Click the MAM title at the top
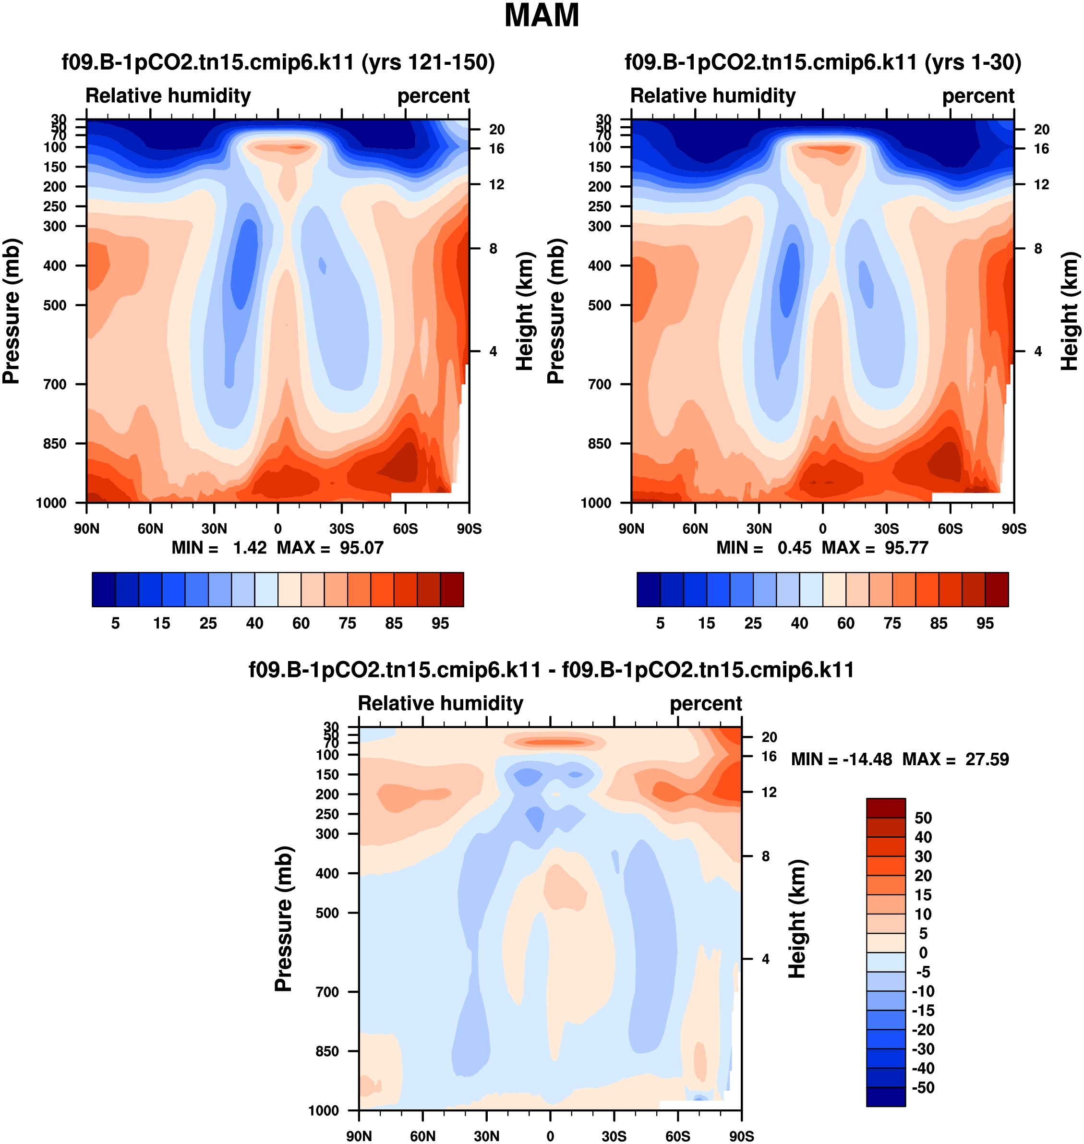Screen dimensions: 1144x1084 [x=542, y=15]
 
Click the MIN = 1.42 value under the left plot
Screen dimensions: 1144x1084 [x=219, y=548]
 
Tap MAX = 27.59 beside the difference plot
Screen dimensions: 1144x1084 [x=956, y=759]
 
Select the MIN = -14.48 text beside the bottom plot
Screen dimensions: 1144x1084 [x=841, y=759]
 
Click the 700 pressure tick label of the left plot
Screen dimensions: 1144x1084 [x=55, y=384]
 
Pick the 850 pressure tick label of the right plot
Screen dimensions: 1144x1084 [x=600, y=444]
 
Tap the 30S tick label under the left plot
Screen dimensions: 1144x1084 [x=341, y=529]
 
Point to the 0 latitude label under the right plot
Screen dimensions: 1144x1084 [x=823, y=529]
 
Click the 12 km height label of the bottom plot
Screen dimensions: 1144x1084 [x=769, y=792]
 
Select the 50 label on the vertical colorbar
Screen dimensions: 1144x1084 [x=923, y=818]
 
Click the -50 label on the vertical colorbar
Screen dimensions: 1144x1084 [x=923, y=1087]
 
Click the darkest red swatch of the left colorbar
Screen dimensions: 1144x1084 [x=452, y=590]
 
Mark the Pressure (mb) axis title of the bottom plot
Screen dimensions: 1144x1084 [x=283, y=919]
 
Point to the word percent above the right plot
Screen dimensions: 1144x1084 [x=978, y=96]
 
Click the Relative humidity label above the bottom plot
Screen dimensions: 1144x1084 [x=440, y=703]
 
